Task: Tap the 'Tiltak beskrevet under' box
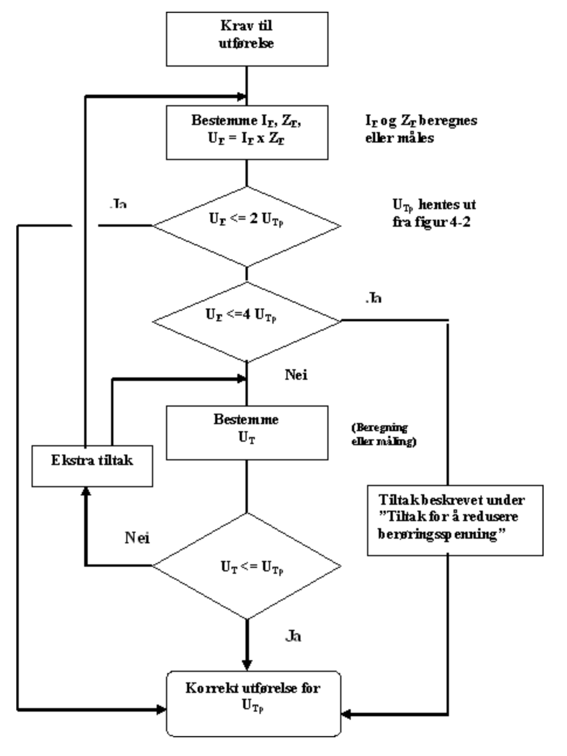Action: pyautogui.click(x=455, y=518)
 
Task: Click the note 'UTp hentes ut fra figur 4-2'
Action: pyautogui.click(x=433, y=213)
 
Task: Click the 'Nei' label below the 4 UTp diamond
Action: pyautogui.click(x=296, y=374)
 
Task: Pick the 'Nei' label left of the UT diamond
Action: pyautogui.click(x=137, y=537)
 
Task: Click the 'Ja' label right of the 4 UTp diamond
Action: pyautogui.click(x=374, y=298)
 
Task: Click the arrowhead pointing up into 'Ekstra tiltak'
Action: pyautogui.click(x=87, y=493)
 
